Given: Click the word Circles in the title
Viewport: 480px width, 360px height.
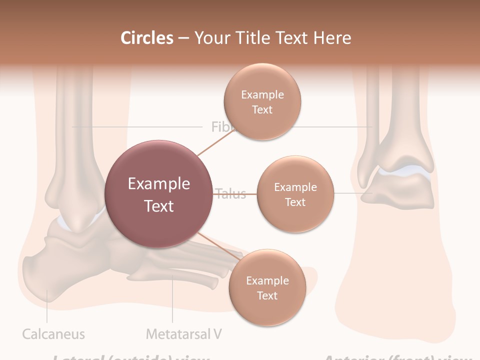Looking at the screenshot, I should click(x=146, y=38).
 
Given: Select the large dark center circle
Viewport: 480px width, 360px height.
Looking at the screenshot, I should click(x=159, y=194).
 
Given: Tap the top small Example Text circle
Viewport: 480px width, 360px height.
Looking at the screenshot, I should click(x=262, y=101).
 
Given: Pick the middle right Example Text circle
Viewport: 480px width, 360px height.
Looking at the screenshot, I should click(x=295, y=194).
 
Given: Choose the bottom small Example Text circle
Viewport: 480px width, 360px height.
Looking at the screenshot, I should click(x=267, y=288).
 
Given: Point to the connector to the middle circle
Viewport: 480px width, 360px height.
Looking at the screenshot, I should click(x=235, y=193).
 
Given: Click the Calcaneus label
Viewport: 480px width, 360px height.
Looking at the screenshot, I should click(x=53, y=334).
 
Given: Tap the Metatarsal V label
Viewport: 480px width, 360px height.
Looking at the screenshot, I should click(x=183, y=334).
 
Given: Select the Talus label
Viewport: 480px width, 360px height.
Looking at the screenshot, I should click(x=231, y=194).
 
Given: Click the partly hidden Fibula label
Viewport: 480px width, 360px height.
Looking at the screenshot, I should click(x=220, y=127).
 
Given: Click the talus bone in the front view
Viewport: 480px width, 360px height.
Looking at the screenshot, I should click(x=400, y=192).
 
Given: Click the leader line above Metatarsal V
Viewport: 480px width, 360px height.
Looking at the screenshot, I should click(x=172, y=300).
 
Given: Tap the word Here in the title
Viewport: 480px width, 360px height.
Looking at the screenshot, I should click(x=332, y=38).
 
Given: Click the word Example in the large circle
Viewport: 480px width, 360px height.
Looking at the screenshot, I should click(x=159, y=184).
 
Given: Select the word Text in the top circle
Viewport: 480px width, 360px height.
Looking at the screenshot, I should click(x=262, y=109).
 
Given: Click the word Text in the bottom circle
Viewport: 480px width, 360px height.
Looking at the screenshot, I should click(x=267, y=296).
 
